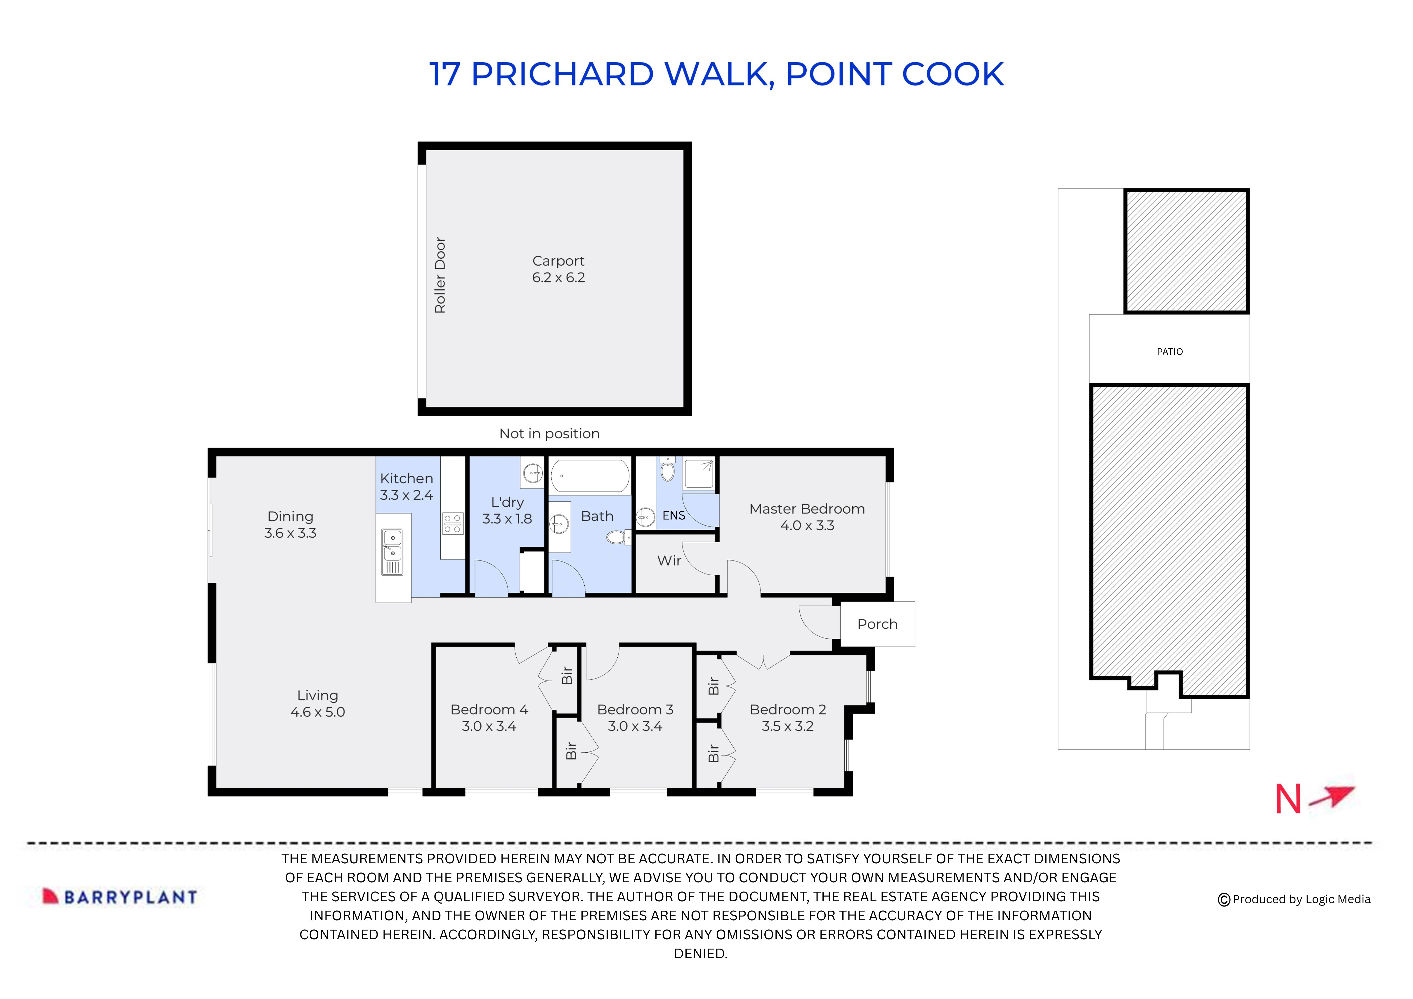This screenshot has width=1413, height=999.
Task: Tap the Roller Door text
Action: coord(439,275)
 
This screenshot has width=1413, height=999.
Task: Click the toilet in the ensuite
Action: coord(667,471)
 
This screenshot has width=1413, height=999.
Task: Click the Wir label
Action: coord(669,561)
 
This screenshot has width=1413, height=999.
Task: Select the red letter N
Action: coord(1288,800)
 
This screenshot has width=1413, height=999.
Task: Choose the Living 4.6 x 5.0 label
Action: coord(318,704)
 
